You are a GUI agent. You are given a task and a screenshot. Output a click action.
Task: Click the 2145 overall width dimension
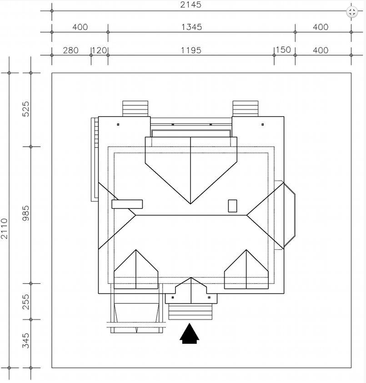[191, 5]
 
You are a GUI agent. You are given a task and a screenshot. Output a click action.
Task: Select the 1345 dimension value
[192, 27]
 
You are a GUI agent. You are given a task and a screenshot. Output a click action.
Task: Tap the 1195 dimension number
[191, 50]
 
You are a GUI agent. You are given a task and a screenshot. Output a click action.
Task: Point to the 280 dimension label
[71, 50]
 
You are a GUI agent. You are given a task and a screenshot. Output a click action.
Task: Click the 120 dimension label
[100, 50]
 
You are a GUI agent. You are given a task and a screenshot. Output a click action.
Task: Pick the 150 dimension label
[283, 50]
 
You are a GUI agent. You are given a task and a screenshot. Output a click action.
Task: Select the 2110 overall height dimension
[5, 229]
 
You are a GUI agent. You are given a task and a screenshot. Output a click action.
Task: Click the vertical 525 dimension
[25, 109]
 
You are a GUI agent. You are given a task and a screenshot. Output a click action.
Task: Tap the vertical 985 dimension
[25, 213]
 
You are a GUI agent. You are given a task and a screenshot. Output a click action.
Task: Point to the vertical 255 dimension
[25, 301]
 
